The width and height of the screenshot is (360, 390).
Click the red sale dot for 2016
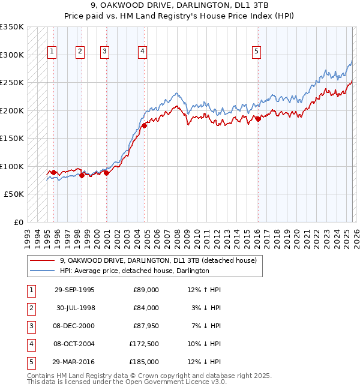click(258, 119)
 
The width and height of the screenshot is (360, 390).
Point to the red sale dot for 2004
click(144, 126)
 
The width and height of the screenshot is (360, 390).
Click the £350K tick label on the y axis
click(12, 27)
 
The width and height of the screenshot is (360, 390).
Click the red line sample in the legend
click(42, 261)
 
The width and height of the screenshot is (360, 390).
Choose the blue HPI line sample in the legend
click(42, 271)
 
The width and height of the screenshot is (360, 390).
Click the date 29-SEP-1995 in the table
click(74, 290)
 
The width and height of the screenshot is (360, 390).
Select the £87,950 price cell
click(146, 326)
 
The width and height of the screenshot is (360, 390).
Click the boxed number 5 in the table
click(30, 362)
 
